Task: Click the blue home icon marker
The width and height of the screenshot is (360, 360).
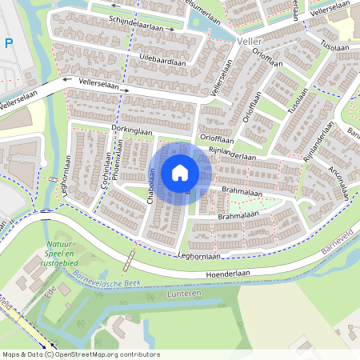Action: tap(180, 172)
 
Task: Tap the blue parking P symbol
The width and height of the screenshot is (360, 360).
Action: tap(8, 44)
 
